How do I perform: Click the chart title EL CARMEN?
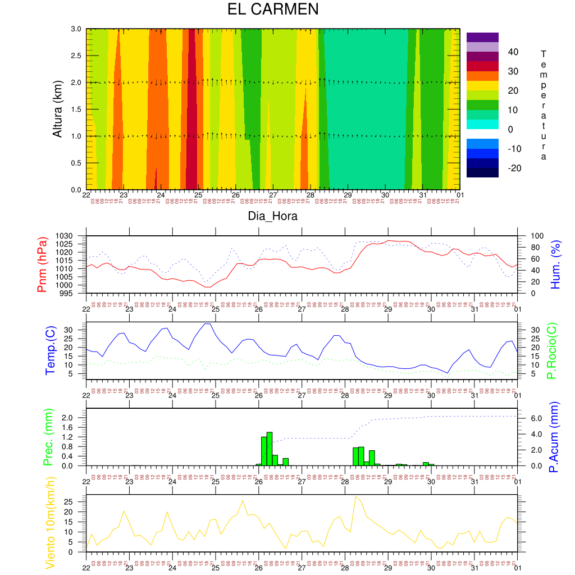tap(272, 10)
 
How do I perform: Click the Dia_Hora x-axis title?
tap(273, 216)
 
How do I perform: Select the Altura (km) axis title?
tap(57, 109)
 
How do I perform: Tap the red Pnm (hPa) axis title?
tap(42, 264)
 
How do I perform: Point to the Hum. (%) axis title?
tap(555, 264)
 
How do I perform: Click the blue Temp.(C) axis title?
tap(51, 350)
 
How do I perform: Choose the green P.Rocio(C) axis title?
tap(551, 350)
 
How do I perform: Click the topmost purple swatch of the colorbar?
tap(482, 37)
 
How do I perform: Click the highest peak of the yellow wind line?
tap(355, 497)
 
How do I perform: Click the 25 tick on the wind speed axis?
tap(77, 502)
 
